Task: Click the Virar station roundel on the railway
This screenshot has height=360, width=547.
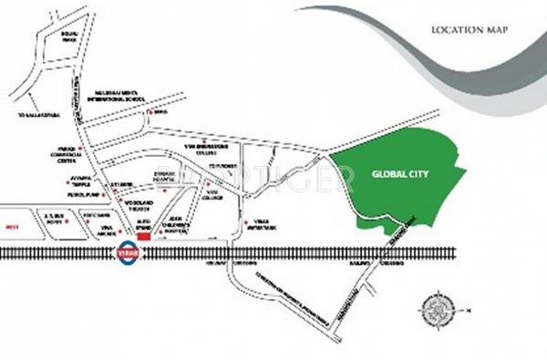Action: (x=125, y=250)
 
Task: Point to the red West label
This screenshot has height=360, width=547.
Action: (x=12, y=221)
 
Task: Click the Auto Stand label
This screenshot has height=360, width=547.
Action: (x=147, y=221)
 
